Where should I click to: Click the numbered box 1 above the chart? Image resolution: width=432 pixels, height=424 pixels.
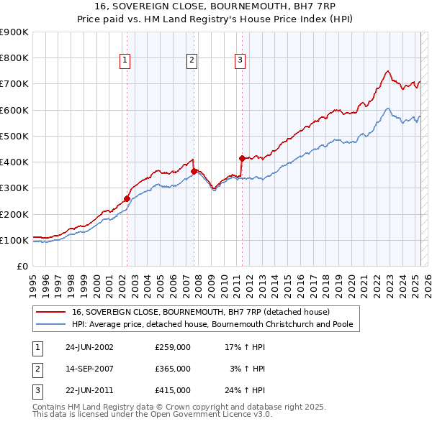pyautogui.click(x=125, y=61)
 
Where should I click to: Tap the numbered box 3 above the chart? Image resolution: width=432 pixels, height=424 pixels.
pyautogui.click(x=239, y=61)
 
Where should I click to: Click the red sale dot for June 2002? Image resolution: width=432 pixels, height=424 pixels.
pyautogui.click(x=127, y=198)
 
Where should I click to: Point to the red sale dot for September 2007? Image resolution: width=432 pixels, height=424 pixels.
pyautogui.click(x=194, y=171)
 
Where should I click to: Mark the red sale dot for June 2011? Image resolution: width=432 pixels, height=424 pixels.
pyautogui.click(x=242, y=157)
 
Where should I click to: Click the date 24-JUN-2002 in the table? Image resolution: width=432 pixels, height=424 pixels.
pyautogui.click(x=89, y=347)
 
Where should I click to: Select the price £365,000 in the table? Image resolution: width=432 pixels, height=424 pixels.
pyautogui.click(x=173, y=369)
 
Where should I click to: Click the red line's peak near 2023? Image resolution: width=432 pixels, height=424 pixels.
pyautogui.click(x=387, y=70)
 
